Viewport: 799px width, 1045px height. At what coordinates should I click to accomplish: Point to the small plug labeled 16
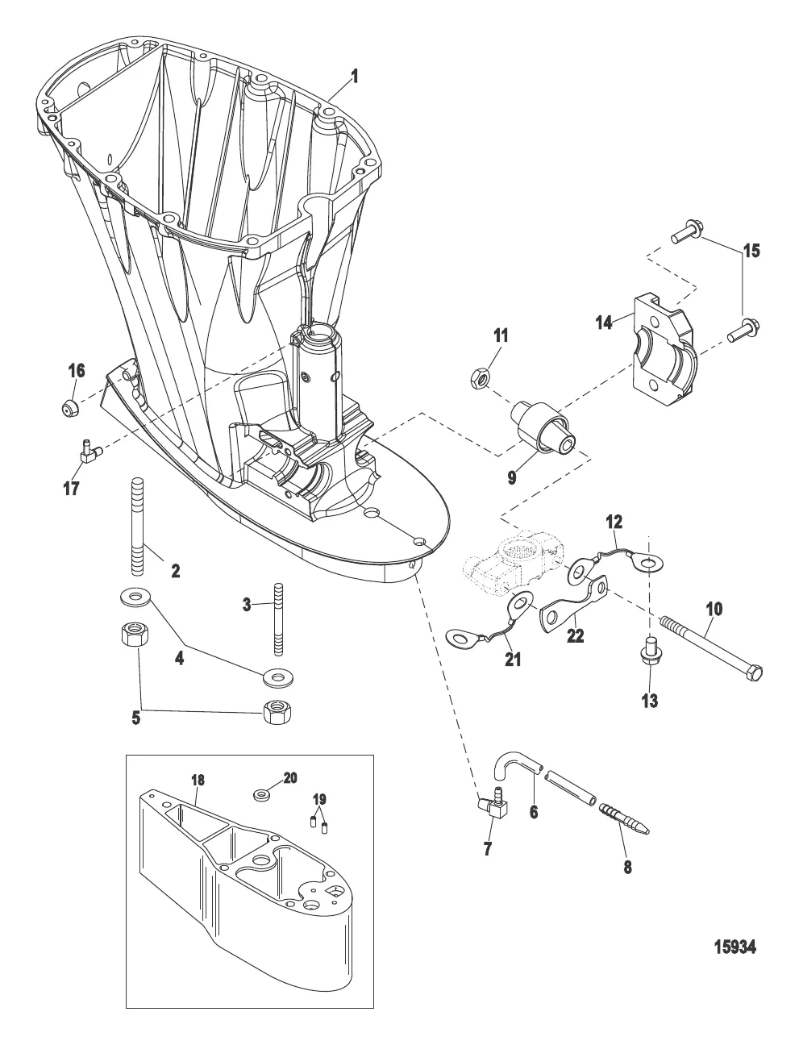70,406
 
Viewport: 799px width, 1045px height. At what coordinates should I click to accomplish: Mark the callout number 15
751,252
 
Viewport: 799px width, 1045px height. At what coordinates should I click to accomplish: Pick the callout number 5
135,716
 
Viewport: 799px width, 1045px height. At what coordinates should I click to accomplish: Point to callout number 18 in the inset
198,780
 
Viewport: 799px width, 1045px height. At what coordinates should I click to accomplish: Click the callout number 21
512,659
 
